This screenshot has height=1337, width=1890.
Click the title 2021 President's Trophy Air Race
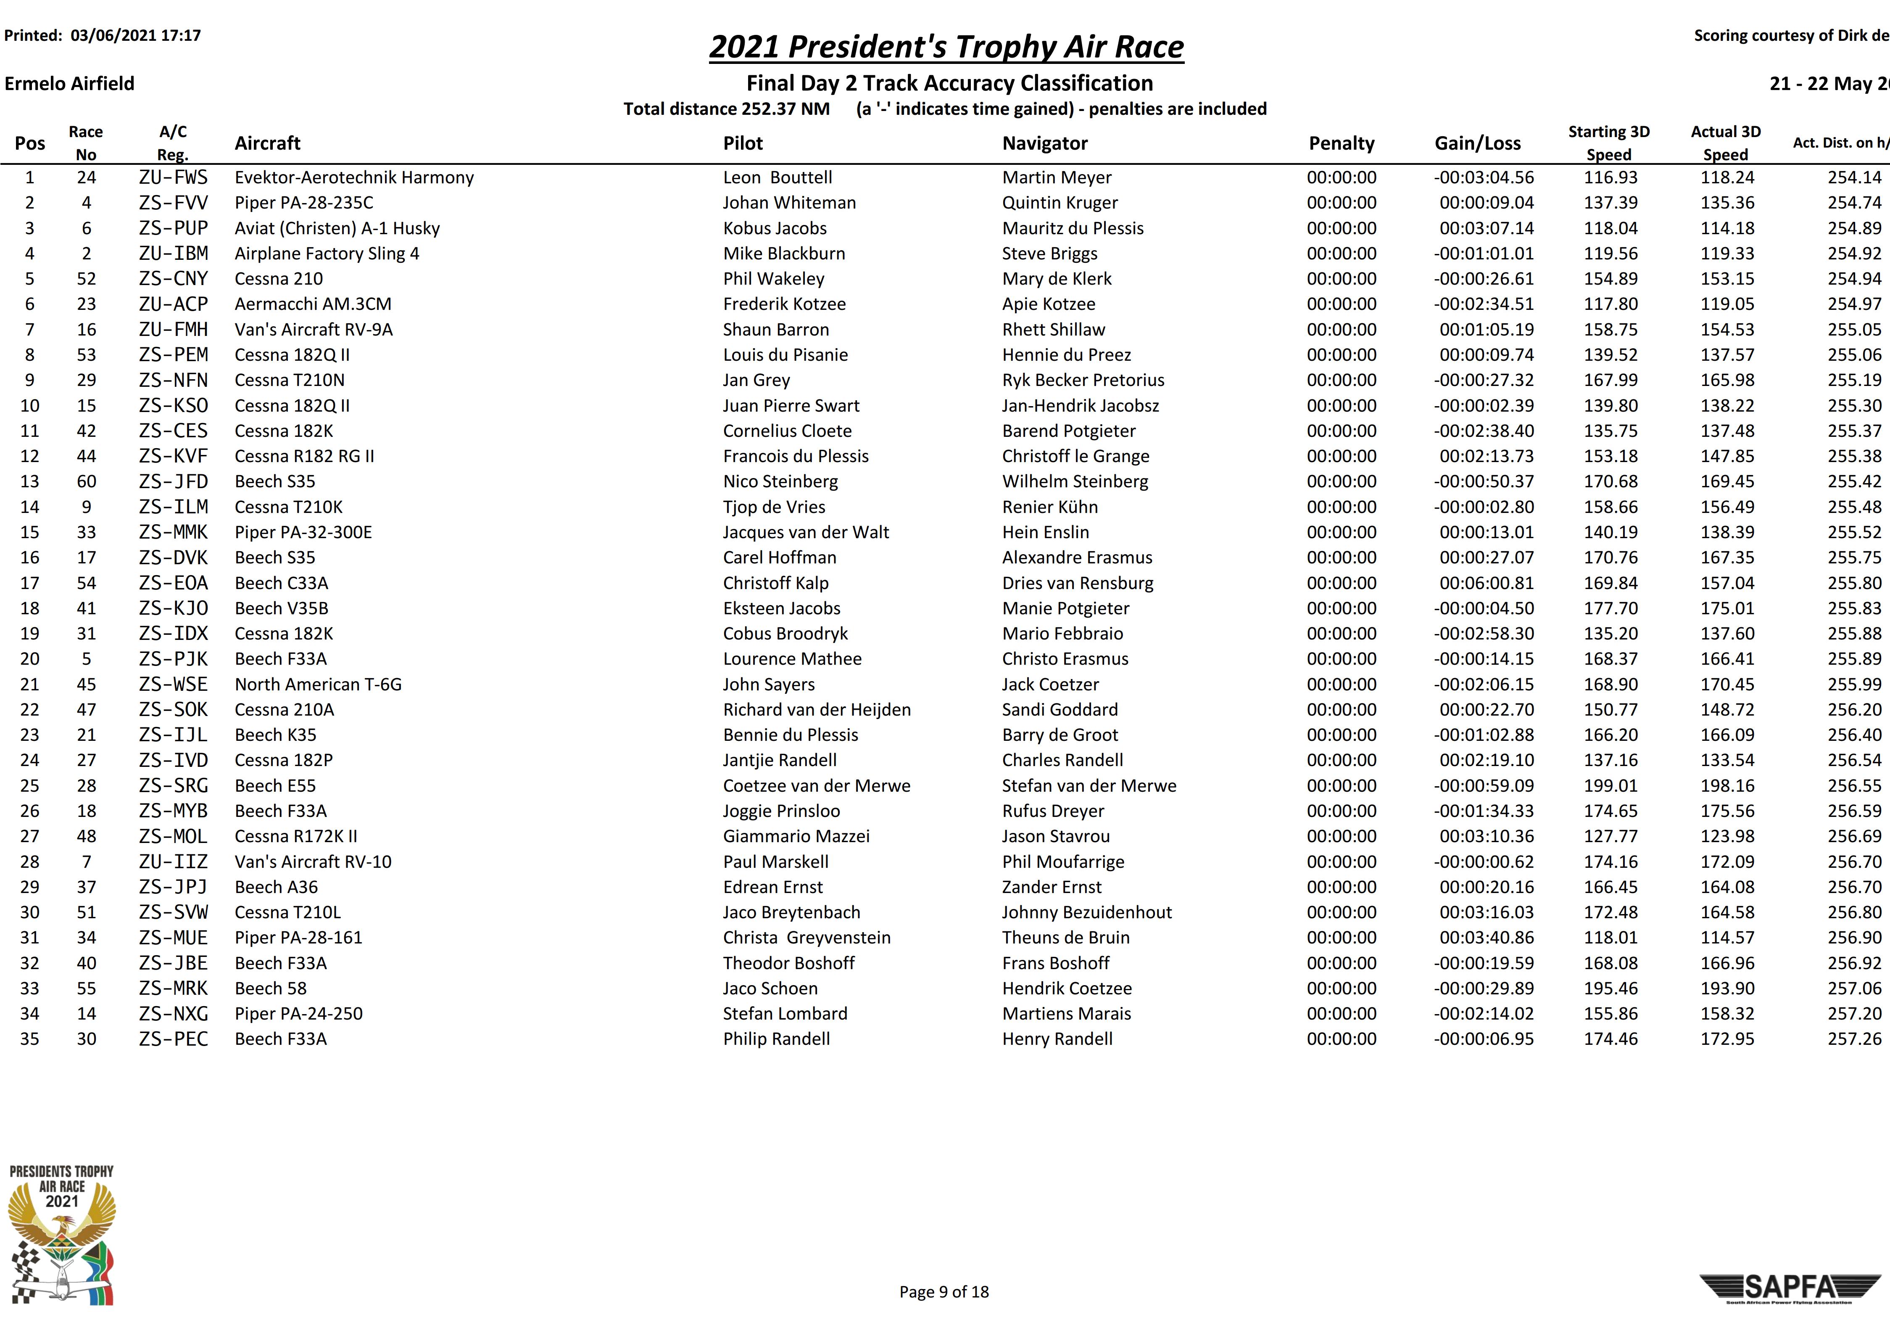pyautogui.click(x=946, y=47)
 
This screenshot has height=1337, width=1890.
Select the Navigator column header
pyautogui.click(x=1044, y=143)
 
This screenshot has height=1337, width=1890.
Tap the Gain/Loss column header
pyautogui.click(x=1478, y=143)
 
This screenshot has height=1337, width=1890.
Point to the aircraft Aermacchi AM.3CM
pyautogui.click(x=313, y=304)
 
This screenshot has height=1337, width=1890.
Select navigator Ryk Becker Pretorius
pyautogui.click(x=1083, y=380)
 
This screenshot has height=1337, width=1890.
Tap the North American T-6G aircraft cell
pyautogui.click(x=318, y=684)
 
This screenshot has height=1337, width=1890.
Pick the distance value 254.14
pyautogui.click(x=1854, y=178)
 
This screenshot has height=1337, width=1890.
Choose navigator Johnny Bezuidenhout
pyautogui.click(x=1086, y=912)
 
